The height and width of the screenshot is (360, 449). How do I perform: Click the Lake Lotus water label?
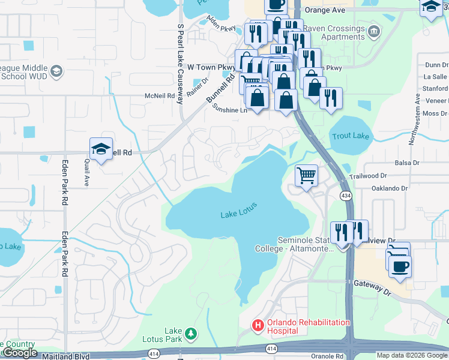pyautogui.click(x=238, y=210)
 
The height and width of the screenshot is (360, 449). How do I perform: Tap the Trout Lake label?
pyautogui.click(x=351, y=136)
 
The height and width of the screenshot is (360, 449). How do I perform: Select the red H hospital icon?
pyautogui.click(x=258, y=326)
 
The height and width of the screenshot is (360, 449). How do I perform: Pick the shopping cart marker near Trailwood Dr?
pyautogui.click(x=306, y=176)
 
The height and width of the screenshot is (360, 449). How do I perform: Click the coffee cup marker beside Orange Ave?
pyautogui.click(x=276, y=5)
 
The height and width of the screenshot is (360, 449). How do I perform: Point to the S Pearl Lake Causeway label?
pyautogui.click(x=179, y=64)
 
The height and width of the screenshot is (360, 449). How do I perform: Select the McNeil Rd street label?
pyautogui.click(x=159, y=95)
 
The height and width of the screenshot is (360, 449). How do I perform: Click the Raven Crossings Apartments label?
pyautogui.click(x=334, y=32)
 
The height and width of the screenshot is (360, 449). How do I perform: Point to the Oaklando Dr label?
pyautogui.click(x=406, y=188)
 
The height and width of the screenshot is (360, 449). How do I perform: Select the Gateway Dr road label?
pyautogui.click(x=372, y=287)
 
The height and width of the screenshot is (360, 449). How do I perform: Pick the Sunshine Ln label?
pyautogui.click(x=230, y=109)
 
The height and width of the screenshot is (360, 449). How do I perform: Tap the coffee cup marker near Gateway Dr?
pyautogui.click(x=400, y=265)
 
